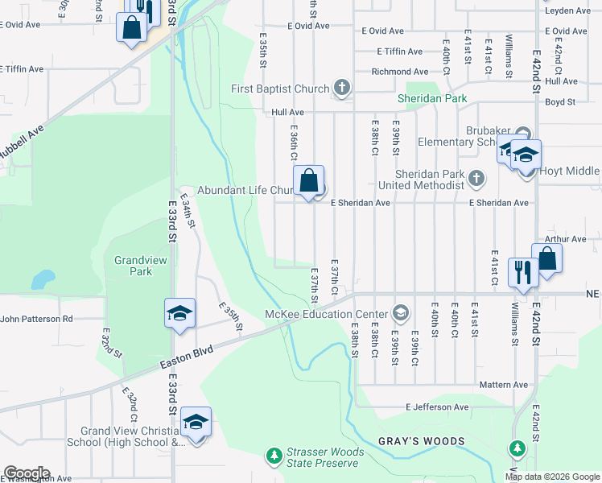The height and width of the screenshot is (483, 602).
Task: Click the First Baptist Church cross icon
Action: pyautogui.click(x=342, y=89)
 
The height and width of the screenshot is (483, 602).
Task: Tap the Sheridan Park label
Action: pyautogui.click(x=432, y=99)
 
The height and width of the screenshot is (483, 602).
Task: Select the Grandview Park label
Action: pyautogui.click(x=133, y=266)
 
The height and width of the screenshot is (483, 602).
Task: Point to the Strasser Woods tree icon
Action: pyautogui.click(x=274, y=456)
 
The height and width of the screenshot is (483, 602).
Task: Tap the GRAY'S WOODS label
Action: pyautogui.click(x=422, y=441)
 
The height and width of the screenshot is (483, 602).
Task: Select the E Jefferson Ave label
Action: pyautogui.click(x=437, y=407)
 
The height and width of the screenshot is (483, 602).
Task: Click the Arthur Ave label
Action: pyautogui.click(x=565, y=239)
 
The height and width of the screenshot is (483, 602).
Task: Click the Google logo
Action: pyautogui.click(x=27, y=473)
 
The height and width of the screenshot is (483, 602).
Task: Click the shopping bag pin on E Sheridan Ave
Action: pyautogui.click(x=308, y=181)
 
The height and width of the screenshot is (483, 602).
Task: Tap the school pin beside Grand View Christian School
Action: pyautogui.click(x=196, y=422)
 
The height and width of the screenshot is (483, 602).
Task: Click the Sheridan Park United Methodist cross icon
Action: pyautogui.click(x=476, y=178)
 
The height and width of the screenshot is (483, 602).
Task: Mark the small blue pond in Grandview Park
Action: pyautogui.click(x=43, y=279)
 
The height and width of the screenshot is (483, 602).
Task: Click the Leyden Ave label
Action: pyautogui.click(x=567, y=10)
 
